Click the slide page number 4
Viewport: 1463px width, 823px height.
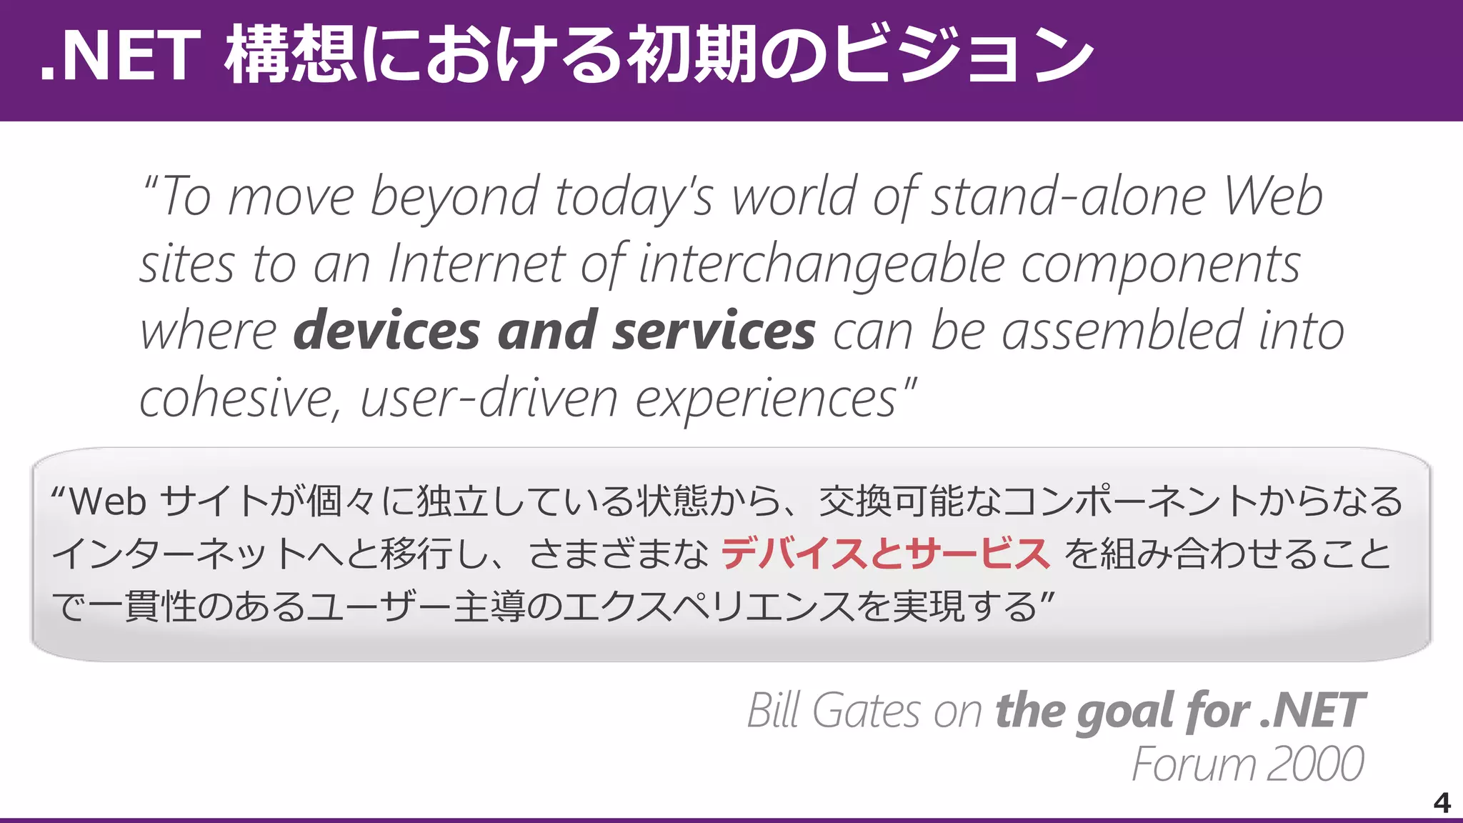[x=1442, y=803]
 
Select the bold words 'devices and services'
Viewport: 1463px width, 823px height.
[x=554, y=331]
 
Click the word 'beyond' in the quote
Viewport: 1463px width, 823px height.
[x=454, y=196]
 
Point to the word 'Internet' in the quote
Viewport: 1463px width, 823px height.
[x=476, y=264]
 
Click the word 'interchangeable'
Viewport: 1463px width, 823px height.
[x=822, y=264]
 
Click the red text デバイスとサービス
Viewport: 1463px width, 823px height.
[x=884, y=554]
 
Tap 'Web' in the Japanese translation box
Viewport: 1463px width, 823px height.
[x=108, y=502]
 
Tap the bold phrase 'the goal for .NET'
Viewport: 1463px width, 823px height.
[x=1180, y=711]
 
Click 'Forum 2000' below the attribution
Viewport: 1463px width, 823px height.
[x=1247, y=764]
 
